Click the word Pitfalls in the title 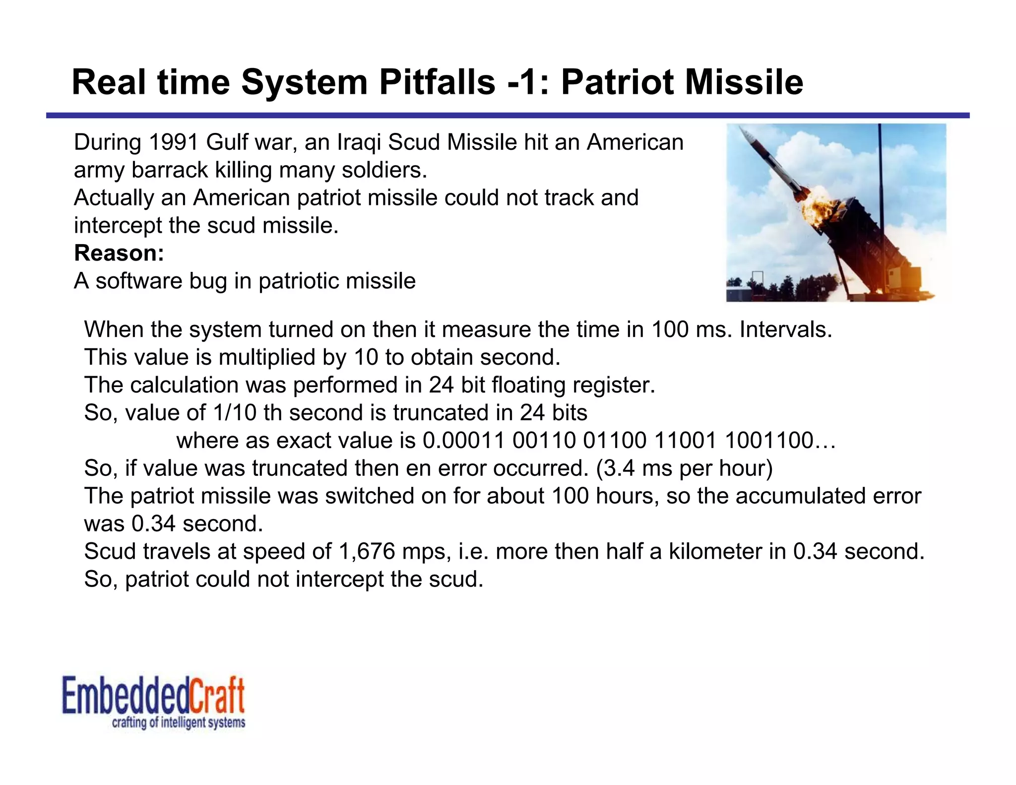point(437,82)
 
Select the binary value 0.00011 point(463,441)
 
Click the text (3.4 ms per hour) point(684,468)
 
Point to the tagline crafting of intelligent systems point(179,722)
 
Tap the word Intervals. point(785,330)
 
